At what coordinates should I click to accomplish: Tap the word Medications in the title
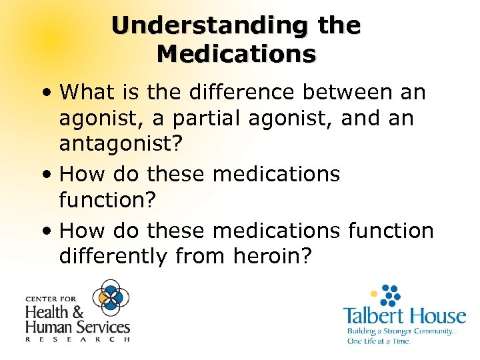tap(237, 53)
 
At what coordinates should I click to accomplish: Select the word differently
tap(117, 257)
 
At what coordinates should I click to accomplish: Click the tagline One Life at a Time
tap(378, 341)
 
